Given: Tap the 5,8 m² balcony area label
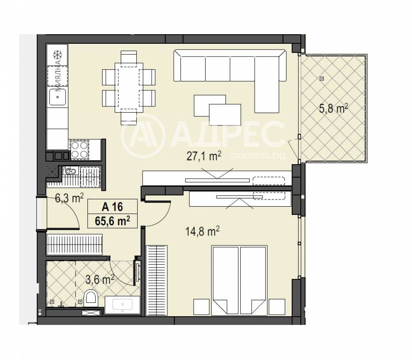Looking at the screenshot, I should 334,109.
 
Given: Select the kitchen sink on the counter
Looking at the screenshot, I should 57,98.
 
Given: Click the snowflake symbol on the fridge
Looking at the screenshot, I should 57,55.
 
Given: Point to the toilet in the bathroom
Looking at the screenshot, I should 90,298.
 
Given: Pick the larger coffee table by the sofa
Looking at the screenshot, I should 225,113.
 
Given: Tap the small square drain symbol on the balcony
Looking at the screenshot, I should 321,78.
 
